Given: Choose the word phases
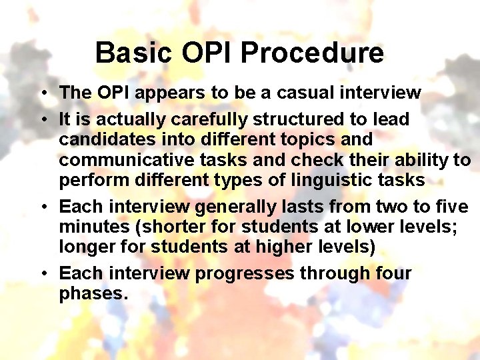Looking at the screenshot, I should coord(93,294).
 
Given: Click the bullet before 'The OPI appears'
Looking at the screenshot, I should coord(42,93).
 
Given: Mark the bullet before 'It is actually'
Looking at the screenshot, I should coord(42,121).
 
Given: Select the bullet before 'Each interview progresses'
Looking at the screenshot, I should coord(42,274).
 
